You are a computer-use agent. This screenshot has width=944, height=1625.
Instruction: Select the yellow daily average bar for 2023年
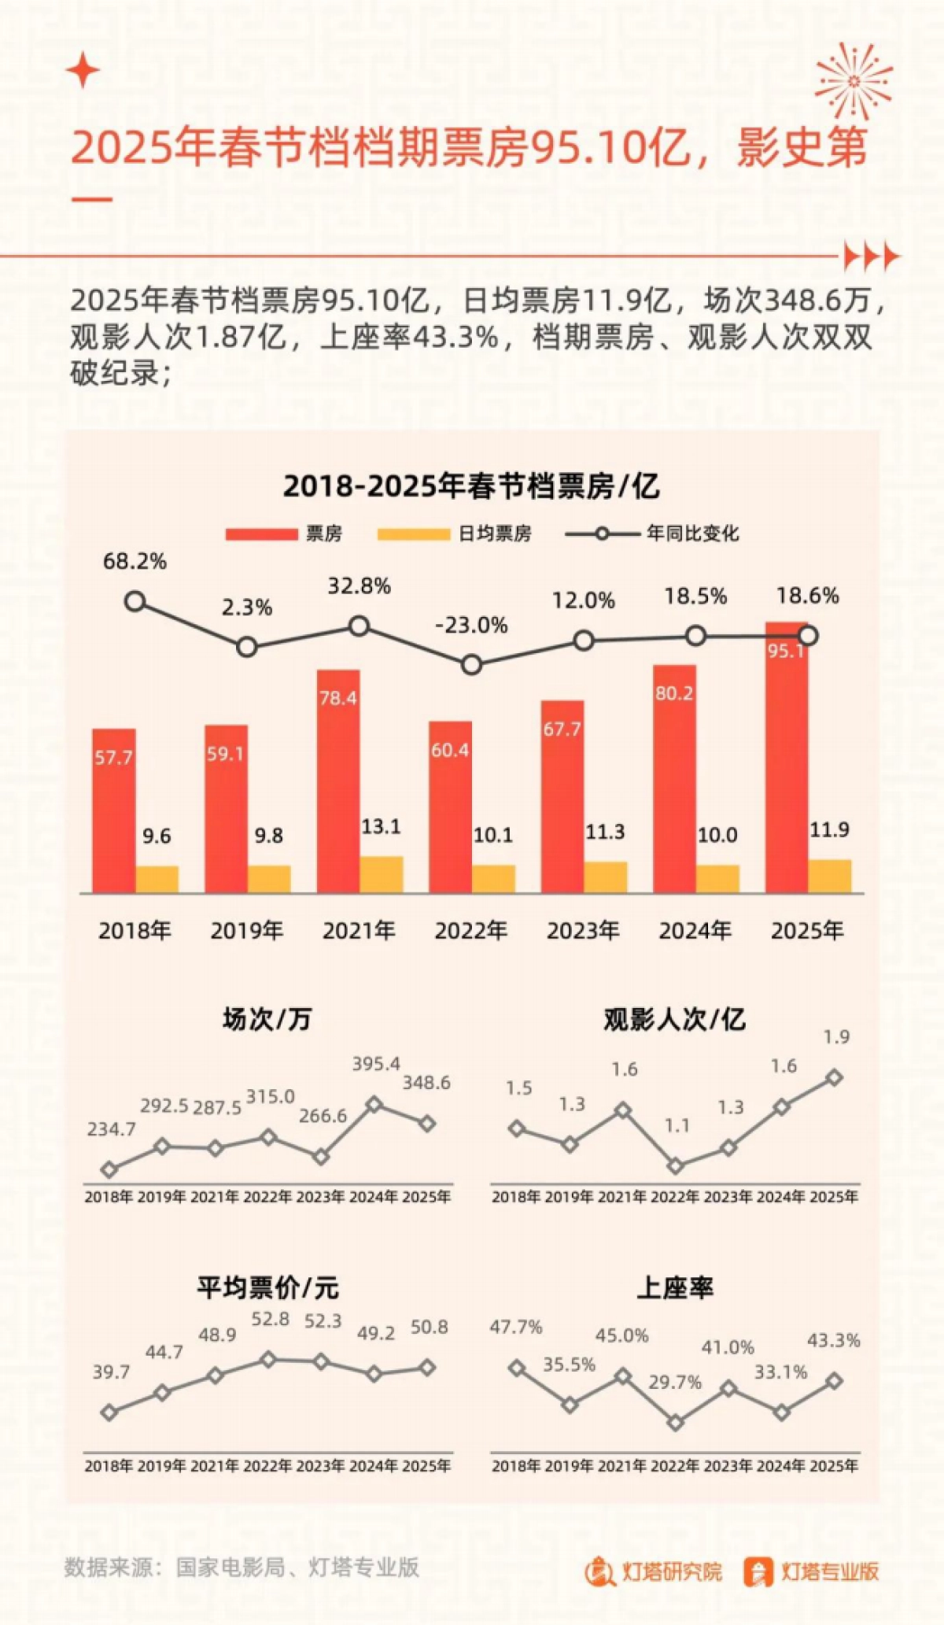pos(605,877)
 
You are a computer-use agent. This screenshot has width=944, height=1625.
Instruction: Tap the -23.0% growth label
pos(471,626)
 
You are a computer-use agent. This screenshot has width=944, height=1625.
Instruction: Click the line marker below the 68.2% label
pos(135,602)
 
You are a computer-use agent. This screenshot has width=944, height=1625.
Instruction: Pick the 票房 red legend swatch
pos(261,534)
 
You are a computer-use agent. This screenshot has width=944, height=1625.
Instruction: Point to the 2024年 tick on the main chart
pos(695,931)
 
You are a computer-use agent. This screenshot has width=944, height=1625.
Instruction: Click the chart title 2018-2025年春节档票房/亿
pos(471,486)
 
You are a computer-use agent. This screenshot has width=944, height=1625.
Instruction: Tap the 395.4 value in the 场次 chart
pos(375,1064)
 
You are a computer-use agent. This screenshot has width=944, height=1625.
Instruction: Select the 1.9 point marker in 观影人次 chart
pos(835,1078)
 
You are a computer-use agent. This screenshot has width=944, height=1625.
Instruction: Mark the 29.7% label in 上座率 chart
pos(674,1383)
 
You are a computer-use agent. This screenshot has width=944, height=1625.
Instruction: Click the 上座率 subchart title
pos(674,1288)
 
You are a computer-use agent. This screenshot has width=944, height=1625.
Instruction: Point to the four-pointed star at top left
pos(83,71)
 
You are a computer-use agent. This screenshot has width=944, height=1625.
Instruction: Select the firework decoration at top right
pos(854,81)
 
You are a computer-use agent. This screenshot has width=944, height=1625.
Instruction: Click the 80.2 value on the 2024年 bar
pos(674,693)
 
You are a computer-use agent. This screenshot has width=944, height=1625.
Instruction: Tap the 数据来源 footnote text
pos(242,1567)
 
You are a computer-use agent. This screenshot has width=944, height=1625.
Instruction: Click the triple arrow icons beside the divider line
pos(871,257)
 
